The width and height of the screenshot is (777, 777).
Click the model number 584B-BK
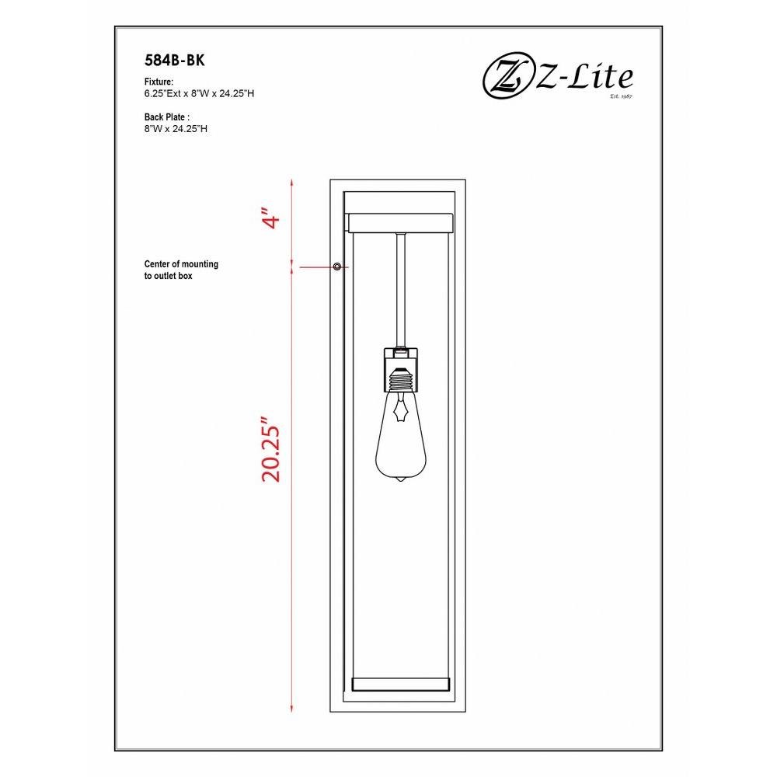click(174, 61)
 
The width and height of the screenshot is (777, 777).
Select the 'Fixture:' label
click(159, 82)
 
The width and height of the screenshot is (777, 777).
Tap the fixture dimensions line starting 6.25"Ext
click(199, 94)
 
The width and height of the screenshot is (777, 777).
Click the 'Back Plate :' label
click(167, 117)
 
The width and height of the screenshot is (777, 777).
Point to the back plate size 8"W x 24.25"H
click(176, 129)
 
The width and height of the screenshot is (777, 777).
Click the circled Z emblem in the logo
click(506, 78)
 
